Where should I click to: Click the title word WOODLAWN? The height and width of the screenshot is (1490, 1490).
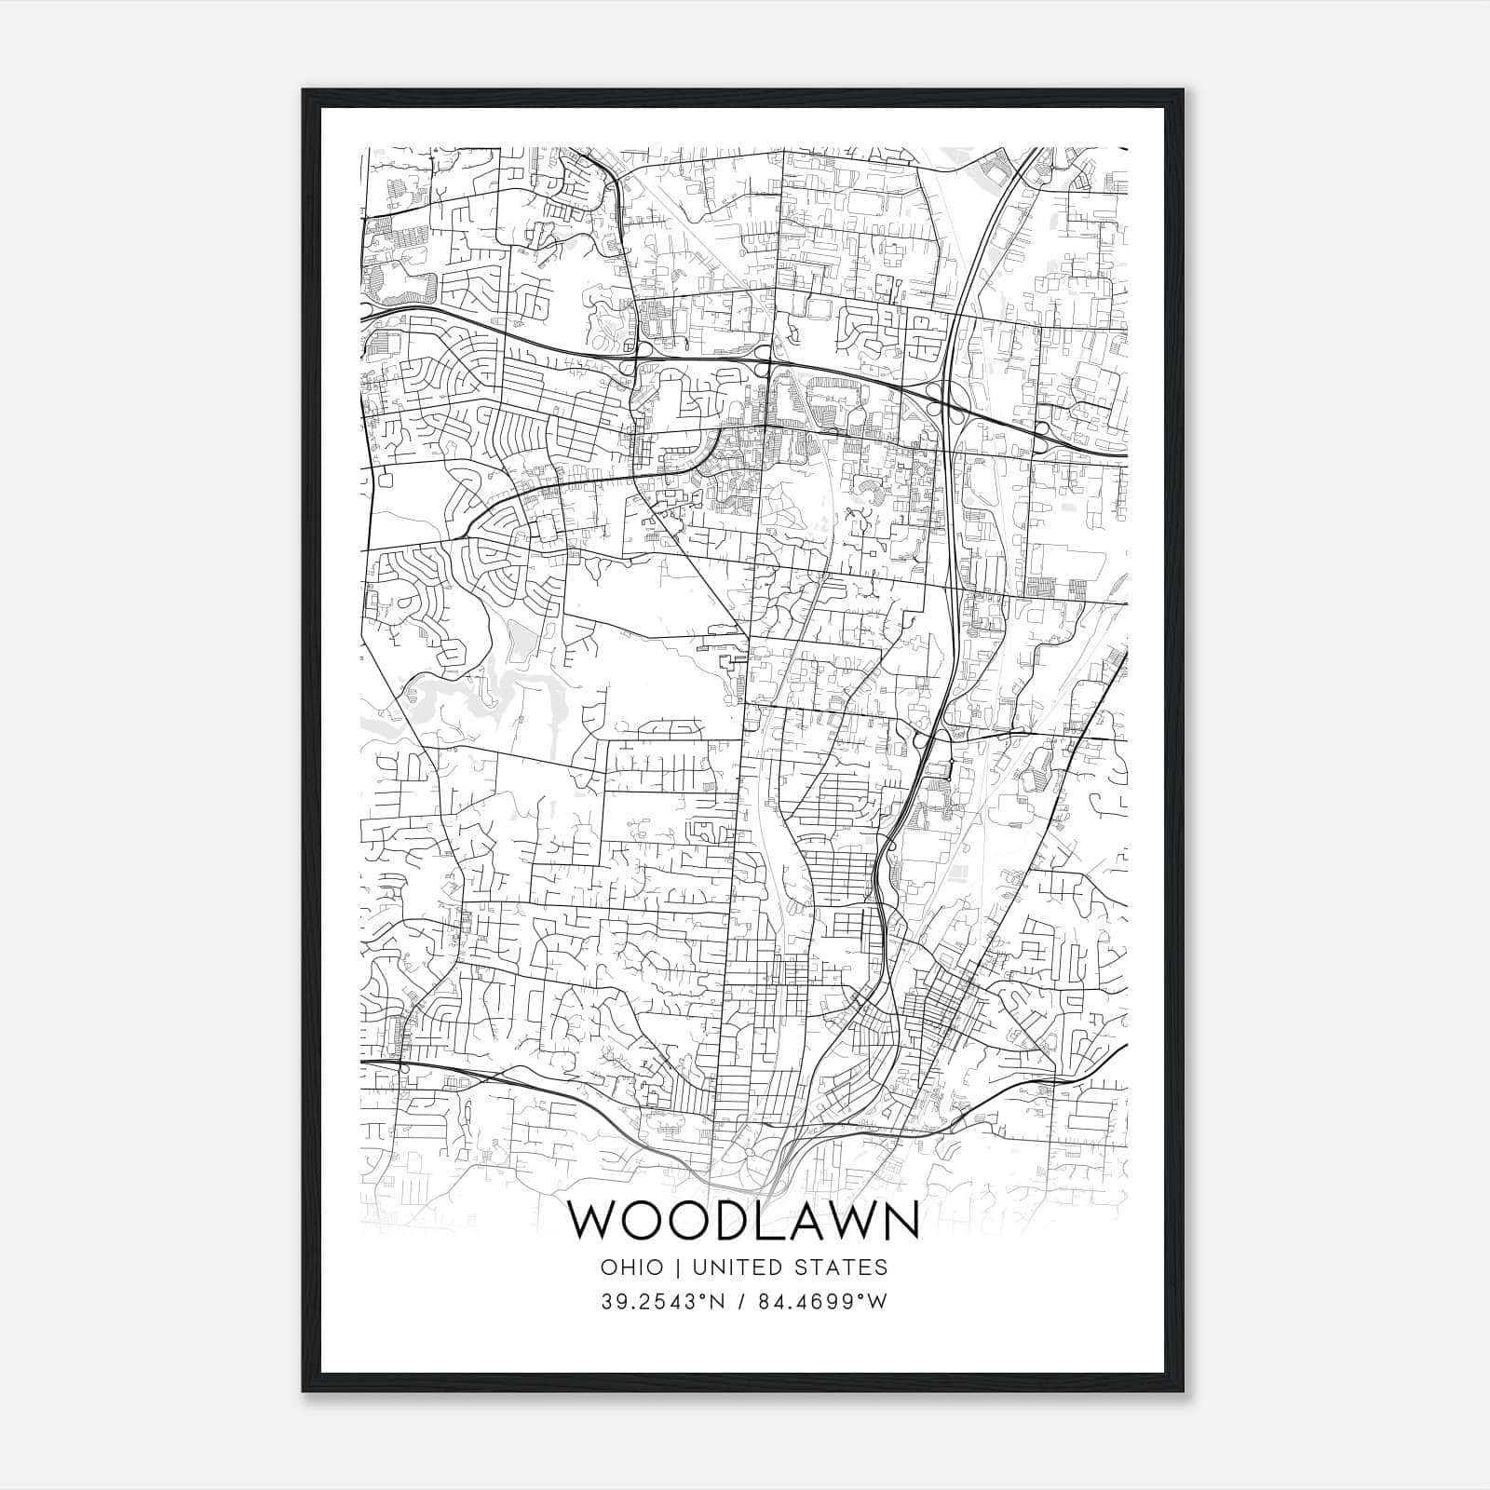click(744, 1221)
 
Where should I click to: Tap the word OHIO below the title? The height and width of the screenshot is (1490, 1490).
click(632, 1267)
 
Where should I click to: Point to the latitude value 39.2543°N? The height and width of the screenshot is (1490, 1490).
click(662, 1302)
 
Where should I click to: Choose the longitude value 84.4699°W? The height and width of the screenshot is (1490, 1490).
click(820, 1302)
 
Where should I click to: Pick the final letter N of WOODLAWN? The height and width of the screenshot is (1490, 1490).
click(901, 1221)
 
